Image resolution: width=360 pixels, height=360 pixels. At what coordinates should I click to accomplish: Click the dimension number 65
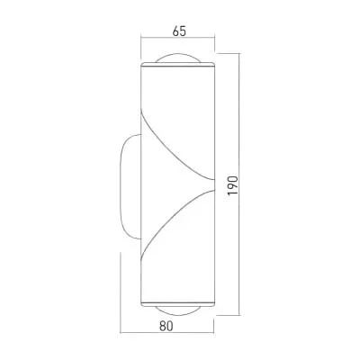coord(179,31)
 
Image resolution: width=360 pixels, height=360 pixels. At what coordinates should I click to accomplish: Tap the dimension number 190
coord(233,185)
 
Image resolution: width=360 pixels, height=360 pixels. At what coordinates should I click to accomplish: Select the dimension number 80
coord(166,326)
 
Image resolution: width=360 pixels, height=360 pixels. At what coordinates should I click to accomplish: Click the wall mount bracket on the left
coord(121,186)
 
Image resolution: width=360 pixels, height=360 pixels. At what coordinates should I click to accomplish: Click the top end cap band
coord(178,64)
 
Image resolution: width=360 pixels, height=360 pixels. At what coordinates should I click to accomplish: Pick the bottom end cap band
coord(178,303)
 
